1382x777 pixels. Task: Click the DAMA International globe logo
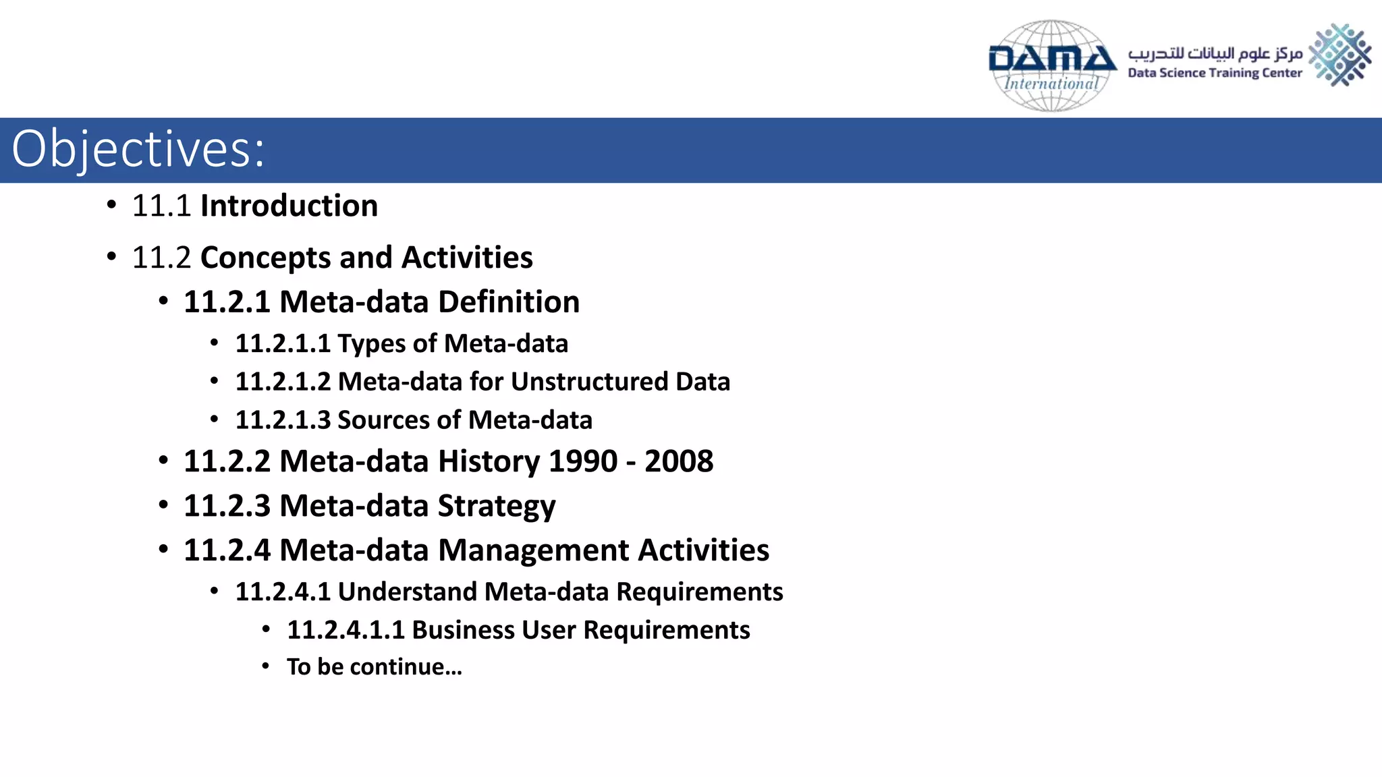[x=1051, y=65]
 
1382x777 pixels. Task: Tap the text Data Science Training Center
[x=1214, y=73]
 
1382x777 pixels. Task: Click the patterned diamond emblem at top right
[x=1339, y=55]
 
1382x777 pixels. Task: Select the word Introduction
[x=289, y=206]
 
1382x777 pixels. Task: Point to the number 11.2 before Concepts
[x=161, y=258]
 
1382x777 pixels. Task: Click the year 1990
[x=583, y=461]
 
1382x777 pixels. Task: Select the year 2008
[x=678, y=461]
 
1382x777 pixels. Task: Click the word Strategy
[x=497, y=506]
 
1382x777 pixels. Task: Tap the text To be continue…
[x=375, y=667]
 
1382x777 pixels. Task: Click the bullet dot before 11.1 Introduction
[x=111, y=204]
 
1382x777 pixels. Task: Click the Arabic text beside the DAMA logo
[x=1215, y=53]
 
